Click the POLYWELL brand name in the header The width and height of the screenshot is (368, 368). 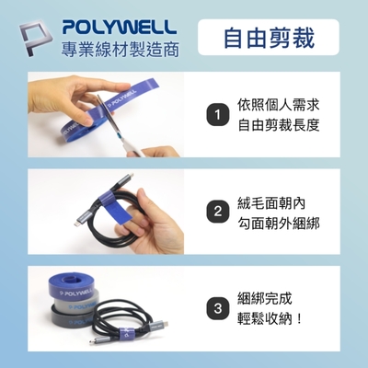click(120, 27)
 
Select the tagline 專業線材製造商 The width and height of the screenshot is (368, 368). click(120, 49)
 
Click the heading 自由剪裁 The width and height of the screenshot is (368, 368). click(269, 38)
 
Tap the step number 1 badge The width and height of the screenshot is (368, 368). click(217, 115)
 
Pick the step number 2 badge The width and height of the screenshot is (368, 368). click(217, 212)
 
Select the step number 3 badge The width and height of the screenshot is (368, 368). click(217, 308)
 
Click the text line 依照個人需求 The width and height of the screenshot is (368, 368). click(279, 105)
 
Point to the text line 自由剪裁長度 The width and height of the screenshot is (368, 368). click(279, 125)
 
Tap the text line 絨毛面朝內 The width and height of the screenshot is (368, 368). click(271, 202)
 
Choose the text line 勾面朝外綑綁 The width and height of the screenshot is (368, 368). click(279, 223)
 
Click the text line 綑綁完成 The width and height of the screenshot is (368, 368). click(265, 298)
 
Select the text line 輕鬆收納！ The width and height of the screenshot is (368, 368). click(270, 319)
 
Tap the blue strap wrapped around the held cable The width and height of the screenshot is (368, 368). click(117, 206)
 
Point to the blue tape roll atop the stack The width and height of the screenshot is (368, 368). click(71, 286)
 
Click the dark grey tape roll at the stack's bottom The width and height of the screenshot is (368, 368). click(71, 319)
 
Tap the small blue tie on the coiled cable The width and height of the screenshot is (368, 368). click(126, 332)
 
